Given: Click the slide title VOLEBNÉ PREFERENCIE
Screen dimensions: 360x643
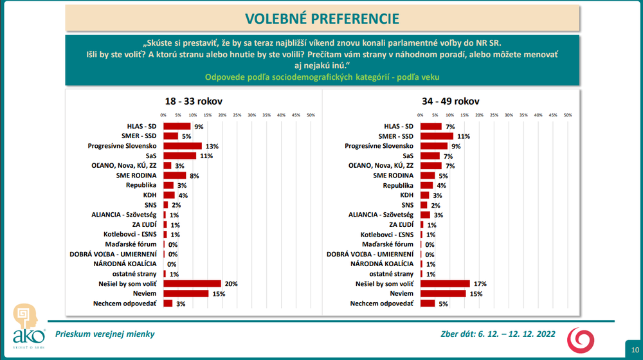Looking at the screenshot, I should (x=321, y=18).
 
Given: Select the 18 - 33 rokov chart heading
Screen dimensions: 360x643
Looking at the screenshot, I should (x=193, y=102).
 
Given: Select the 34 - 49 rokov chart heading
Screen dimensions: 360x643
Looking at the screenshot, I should (x=450, y=102).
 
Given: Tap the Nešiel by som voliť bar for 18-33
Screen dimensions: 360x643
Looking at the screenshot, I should (x=192, y=283).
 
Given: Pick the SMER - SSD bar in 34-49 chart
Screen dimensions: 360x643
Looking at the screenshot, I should (x=437, y=136).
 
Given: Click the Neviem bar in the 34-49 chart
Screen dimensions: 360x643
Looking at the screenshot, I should (x=442, y=294).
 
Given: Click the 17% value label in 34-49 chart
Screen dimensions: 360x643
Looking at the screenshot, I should (x=480, y=283).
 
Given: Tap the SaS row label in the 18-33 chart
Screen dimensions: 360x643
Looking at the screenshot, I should (x=152, y=156).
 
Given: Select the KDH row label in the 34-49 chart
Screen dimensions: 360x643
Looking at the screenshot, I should (x=406, y=195).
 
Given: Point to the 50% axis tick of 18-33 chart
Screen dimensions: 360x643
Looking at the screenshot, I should (x=311, y=115).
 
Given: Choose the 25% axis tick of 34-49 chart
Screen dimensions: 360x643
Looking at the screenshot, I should (x=494, y=115).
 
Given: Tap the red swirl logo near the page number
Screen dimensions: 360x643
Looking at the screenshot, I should (x=584, y=338).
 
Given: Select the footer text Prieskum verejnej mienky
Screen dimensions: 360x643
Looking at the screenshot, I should (x=105, y=334).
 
